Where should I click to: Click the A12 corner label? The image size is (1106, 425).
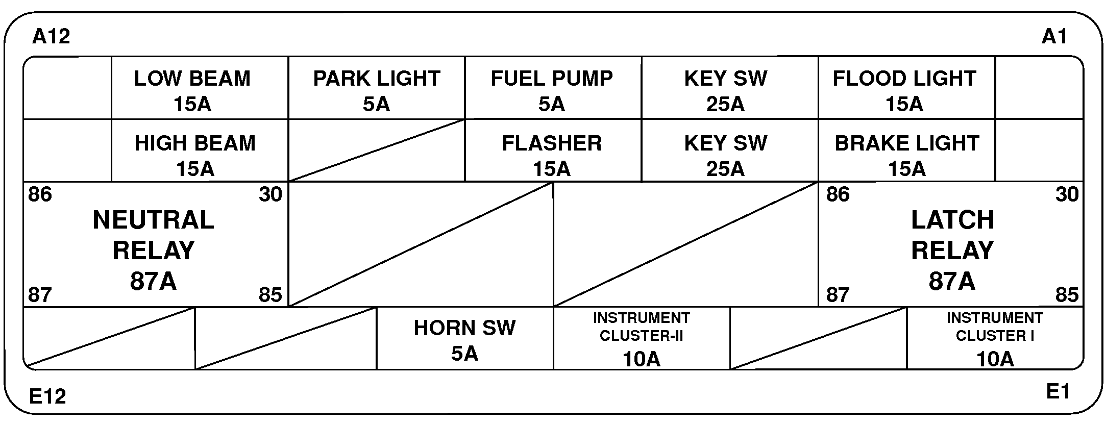pyautogui.click(x=51, y=37)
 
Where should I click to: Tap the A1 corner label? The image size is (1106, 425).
pyautogui.click(x=1054, y=37)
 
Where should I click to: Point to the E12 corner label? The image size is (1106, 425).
pyautogui.click(x=47, y=396)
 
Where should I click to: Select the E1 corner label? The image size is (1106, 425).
pyautogui.click(x=1058, y=392)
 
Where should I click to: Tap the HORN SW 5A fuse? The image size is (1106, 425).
pyautogui.click(x=464, y=339)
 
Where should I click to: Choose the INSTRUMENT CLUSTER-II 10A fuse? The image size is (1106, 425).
pyautogui.click(x=641, y=339)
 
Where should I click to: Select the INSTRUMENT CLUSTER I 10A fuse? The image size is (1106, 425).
pyautogui.click(x=995, y=339)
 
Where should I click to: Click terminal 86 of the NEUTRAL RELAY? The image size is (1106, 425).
pyautogui.click(x=40, y=194)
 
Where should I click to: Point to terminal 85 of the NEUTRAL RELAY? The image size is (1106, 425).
pyautogui.click(x=271, y=295)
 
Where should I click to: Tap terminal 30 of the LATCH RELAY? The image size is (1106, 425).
pyautogui.click(x=1067, y=194)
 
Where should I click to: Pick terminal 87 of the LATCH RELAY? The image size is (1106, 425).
pyautogui.click(x=838, y=295)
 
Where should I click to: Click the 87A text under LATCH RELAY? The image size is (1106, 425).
pyautogui.click(x=952, y=281)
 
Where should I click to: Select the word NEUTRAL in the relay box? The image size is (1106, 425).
pyautogui.click(x=153, y=220)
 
